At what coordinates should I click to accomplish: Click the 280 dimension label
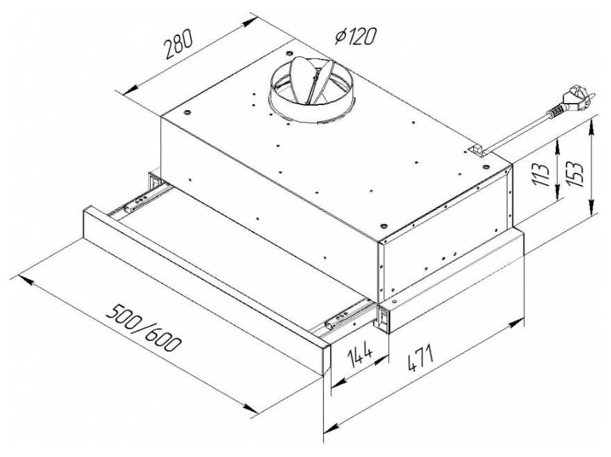pos(178,44)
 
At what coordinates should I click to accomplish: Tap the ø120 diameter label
pos(355,36)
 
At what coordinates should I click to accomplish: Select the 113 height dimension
pos(541,175)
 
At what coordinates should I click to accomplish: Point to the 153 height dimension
pos(573,175)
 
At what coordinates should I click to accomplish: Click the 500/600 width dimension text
pos(144,327)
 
